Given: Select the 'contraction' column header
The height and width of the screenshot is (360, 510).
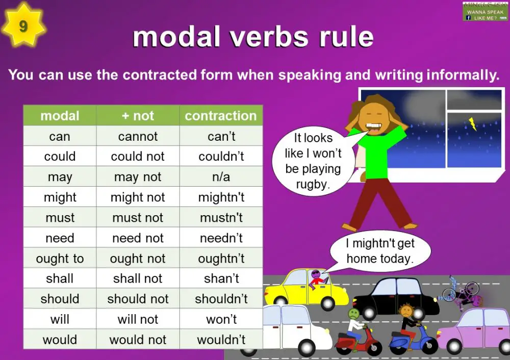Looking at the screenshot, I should (220, 116).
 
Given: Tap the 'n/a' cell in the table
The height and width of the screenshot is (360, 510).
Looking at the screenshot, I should (221, 177).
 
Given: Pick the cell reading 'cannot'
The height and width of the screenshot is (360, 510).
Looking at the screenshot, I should (138, 136).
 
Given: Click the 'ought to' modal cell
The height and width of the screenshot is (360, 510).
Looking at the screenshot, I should (60, 259).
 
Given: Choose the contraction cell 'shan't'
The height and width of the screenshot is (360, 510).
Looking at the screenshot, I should (221, 278).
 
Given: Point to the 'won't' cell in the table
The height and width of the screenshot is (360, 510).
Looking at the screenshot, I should (221, 319).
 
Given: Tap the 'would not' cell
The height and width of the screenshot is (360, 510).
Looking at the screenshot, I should (138, 340).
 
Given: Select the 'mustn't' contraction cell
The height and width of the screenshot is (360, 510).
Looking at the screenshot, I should (221, 218).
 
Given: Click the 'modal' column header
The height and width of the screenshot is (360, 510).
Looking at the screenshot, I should (60, 116).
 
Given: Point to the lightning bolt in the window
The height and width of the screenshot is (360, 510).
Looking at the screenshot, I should (472, 123).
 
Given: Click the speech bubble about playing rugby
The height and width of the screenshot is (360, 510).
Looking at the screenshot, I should (313, 161).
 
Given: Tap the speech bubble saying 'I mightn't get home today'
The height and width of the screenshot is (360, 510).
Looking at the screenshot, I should (380, 251).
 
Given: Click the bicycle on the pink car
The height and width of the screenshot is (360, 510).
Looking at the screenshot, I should (462, 293).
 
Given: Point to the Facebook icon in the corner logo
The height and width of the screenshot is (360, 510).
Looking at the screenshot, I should (468, 18).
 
